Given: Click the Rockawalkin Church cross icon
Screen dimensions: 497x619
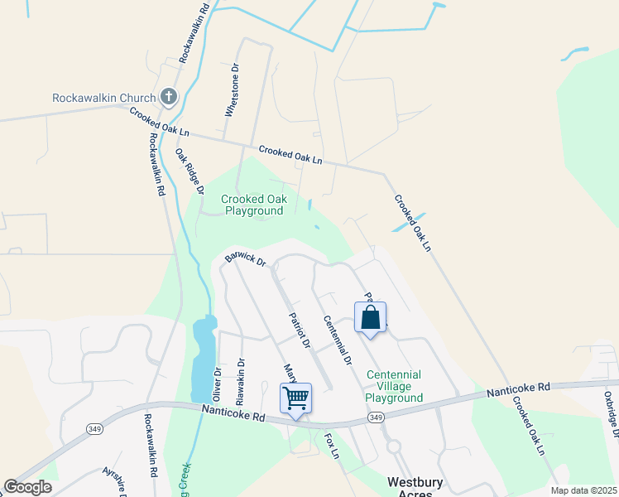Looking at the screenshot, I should point(168,98).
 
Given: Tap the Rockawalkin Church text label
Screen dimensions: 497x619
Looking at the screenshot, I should point(103,98).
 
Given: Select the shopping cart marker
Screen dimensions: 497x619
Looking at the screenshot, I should point(295,398).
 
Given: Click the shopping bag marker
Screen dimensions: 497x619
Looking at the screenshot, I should point(370,317).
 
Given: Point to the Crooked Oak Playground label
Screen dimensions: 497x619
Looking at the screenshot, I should point(252,205).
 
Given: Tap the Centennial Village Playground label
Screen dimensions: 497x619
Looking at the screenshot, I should point(394,386).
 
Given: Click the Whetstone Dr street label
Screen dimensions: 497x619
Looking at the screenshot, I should point(233,90).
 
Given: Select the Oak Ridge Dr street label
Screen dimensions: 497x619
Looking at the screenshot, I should point(190,171).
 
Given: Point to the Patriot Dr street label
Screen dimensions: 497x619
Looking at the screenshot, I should point(299,329).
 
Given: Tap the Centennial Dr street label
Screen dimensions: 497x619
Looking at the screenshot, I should point(338,340).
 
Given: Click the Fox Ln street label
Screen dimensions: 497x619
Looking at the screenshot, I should point(332,445).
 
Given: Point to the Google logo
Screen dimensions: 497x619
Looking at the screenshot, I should point(27,487).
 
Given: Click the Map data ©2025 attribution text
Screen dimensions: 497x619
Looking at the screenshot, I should point(583,490).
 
